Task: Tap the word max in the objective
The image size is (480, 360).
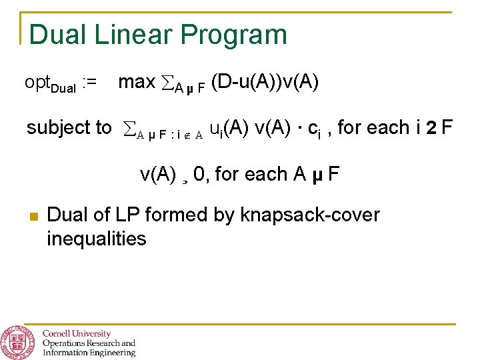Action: (x=137, y=83)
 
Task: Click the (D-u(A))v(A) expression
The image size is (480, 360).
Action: (x=265, y=83)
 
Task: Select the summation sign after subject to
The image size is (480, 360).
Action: (x=129, y=128)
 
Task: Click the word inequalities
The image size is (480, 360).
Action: (x=97, y=238)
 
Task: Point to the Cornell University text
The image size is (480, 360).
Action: (x=77, y=333)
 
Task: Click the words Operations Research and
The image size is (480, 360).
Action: (x=88, y=343)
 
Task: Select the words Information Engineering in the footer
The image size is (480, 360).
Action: (x=88, y=353)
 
